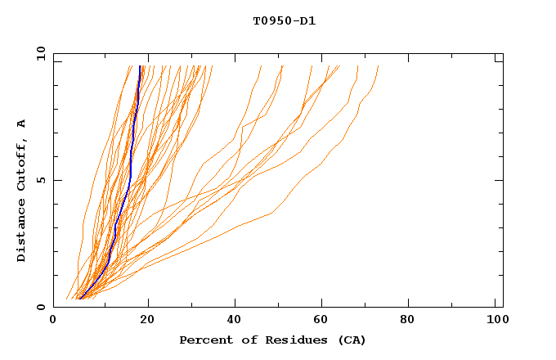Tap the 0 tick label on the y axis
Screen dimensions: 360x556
(x=41, y=307)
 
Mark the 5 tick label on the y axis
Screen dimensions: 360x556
(x=41, y=180)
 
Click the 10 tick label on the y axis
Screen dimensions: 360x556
(x=38, y=53)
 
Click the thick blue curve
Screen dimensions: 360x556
(x=131, y=164)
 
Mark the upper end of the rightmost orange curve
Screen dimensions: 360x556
(x=379, y=66)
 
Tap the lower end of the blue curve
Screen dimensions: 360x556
(x=79, y=298)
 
